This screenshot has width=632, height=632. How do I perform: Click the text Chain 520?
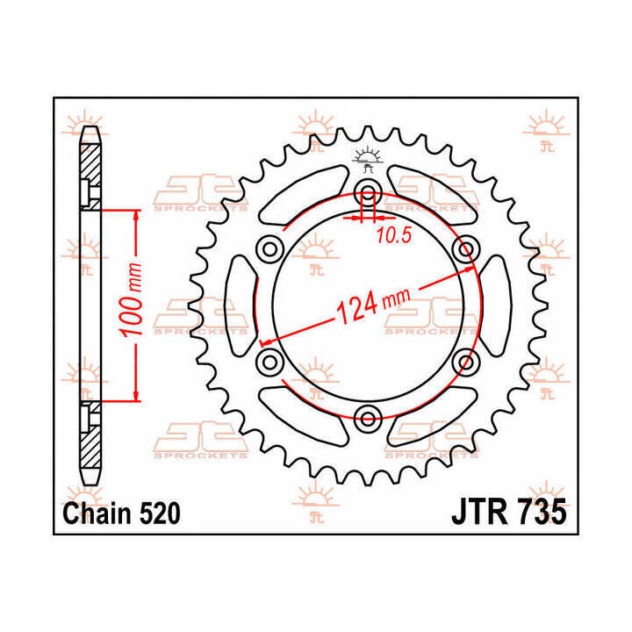click(122, 513)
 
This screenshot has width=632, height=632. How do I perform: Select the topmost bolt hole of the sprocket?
click(368, 194)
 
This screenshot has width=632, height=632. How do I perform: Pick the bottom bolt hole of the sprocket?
click(368, 416)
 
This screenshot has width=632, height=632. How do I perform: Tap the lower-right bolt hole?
click(465, 361)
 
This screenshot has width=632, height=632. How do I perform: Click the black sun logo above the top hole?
click(368, 158)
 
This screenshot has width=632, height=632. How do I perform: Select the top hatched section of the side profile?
click(91, 171)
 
